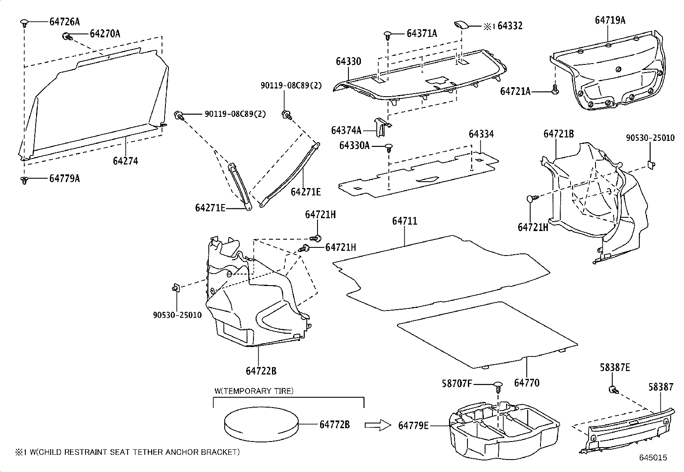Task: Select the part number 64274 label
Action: click(x=125, y=161)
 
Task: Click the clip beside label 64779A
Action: click(x=24, y=180)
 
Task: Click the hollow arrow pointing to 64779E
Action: click(x=378, y=425)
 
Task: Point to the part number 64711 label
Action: click(x=404, y=221)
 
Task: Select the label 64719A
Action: click(x=610, y=20)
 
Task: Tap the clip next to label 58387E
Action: click(x=613, y=390)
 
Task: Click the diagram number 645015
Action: click(x=653, y=458)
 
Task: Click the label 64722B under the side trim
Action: click(x=261, y=371)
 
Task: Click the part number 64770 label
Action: click(x=526, y=383)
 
